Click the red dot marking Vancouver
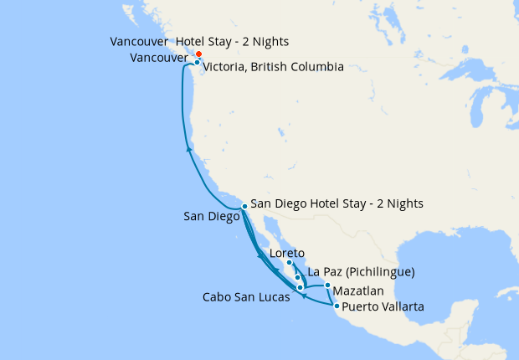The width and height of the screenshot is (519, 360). click(198, 54)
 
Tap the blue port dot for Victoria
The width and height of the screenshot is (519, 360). click(197, 62)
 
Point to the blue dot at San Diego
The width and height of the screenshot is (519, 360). click(244, 205)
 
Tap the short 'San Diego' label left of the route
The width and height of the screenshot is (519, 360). click(211, 216)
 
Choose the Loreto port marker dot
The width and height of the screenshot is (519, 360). click(289, 262)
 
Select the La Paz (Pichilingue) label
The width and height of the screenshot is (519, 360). click(361, 272)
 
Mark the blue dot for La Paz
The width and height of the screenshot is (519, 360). click(297, 276)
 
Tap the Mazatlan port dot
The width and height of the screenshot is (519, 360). click(327, 285)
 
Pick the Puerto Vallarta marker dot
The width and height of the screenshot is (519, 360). click(337, 306)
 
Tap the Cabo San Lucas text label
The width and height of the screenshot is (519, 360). click(247, 296)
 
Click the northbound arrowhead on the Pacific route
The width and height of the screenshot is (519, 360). click(189, 149)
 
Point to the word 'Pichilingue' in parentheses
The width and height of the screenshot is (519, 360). click(380, 272)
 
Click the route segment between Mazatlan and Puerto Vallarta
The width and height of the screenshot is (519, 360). click(331, 296)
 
